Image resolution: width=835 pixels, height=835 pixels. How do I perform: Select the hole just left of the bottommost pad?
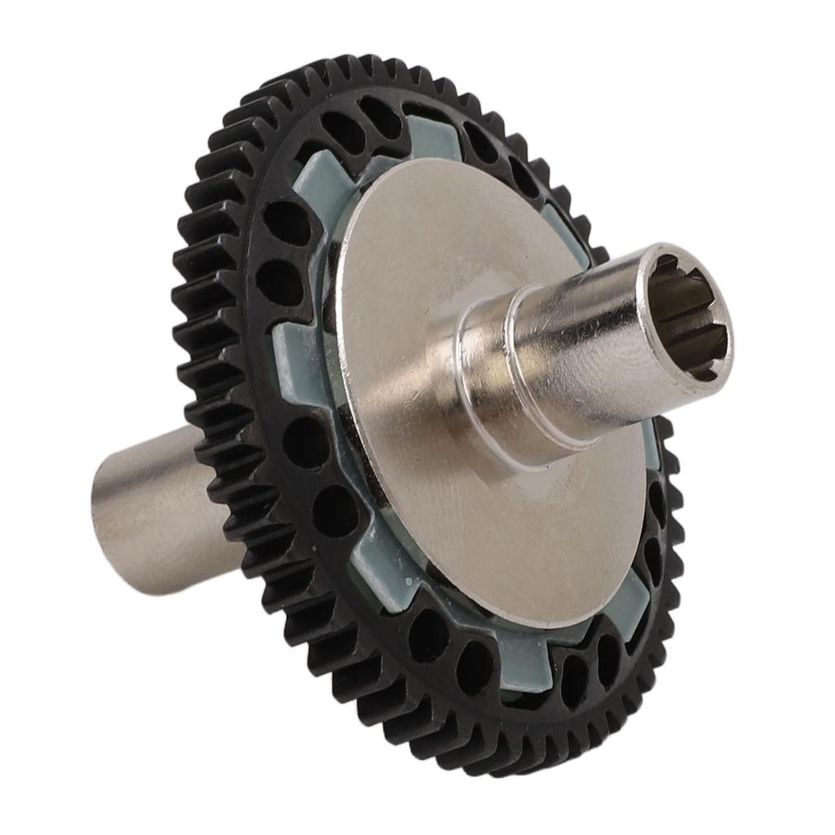tap(473, 665)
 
